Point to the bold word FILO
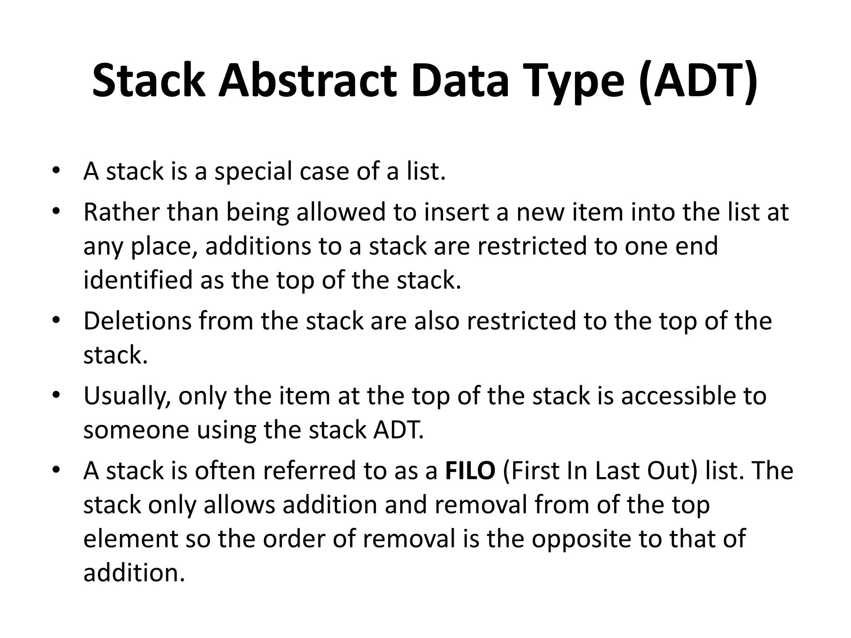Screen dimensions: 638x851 click(x=470, y=471)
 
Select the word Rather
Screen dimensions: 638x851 click(x=122, y=212)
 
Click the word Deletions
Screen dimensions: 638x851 click(x=138, y=321)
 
